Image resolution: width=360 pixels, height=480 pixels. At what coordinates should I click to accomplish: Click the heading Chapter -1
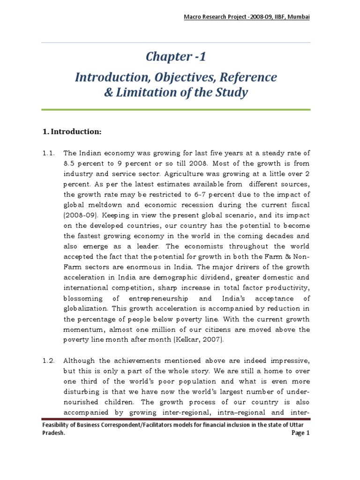coord(176,57)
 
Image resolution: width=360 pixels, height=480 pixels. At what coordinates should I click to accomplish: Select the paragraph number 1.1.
coord(48,153)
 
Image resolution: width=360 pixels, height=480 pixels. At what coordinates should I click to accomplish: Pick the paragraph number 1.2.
coord(48,360)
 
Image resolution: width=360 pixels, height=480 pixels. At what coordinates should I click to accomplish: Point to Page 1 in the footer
coord(300,434)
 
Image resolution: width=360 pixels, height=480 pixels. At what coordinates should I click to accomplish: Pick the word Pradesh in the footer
coord(52,434)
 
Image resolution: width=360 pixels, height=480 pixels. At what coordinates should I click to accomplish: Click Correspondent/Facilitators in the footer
coord(128,425)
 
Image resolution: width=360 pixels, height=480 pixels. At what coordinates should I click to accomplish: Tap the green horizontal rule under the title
coord(176,110)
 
